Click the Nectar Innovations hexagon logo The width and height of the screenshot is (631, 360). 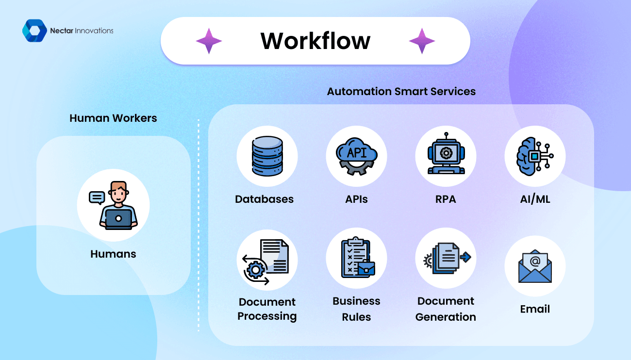[34, 31]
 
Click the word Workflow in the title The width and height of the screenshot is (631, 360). [315, 41]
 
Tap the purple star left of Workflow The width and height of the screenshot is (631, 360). [209, 41]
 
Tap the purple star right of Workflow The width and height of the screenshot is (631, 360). [422, 41]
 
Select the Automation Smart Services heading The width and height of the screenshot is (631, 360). [401, 91]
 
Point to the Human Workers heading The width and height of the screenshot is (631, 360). [113, 118]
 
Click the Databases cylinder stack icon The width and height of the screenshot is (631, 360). [267, 156]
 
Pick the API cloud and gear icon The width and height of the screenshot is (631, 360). [356, 156]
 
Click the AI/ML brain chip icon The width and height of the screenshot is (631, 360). [535, 156]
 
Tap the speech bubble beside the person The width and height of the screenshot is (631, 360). [97, 197]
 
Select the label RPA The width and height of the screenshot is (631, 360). [446, 199]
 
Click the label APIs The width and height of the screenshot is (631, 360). [356, 199]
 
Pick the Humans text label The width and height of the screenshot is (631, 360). [113, 254]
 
